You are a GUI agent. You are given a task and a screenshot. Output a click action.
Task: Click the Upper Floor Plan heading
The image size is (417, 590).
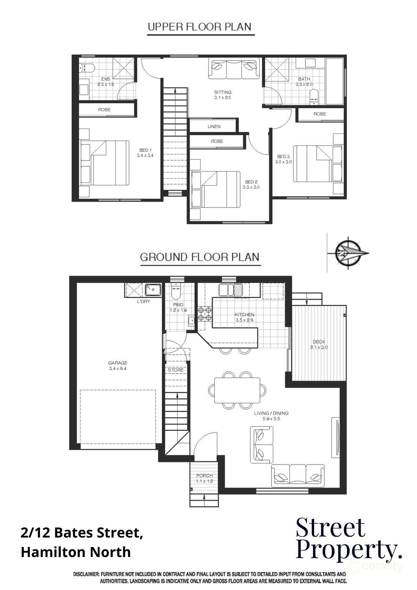[199, 27]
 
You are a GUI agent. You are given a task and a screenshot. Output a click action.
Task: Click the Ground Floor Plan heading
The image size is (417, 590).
[199, 257]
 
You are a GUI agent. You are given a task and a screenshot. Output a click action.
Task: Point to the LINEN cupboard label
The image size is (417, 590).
[214, 127]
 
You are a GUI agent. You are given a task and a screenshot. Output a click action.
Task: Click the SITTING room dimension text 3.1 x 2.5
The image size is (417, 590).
[223, 98]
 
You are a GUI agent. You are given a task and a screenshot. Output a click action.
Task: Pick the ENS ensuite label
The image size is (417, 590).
[106, 79]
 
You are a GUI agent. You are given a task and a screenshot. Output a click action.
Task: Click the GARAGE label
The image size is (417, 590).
[117, 363]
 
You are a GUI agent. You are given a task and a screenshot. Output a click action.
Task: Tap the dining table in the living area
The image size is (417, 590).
[237, 390]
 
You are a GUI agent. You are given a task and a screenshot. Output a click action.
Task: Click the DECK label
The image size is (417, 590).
[319, 342]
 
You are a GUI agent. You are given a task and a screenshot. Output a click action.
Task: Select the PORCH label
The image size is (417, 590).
[204, 476]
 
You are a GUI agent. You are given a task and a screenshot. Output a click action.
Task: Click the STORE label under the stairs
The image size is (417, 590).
[176, 370]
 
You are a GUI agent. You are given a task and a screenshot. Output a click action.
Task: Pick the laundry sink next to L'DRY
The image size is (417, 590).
[153, 289]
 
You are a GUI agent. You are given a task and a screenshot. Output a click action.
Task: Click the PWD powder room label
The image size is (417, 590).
[173, 305]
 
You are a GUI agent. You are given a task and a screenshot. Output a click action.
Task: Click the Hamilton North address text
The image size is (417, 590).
[76, 552]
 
